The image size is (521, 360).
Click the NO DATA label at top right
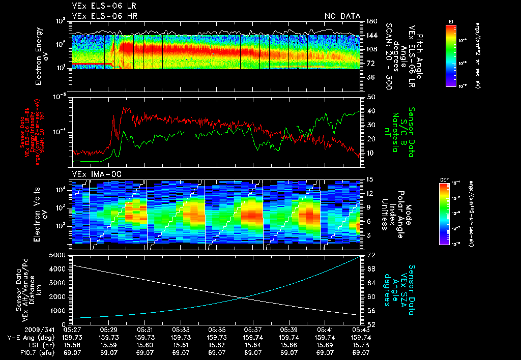click(342, 16)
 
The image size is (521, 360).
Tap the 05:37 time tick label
click(253, 330)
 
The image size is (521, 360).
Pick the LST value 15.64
click(253, 344)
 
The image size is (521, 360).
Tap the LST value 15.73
click(361, 344)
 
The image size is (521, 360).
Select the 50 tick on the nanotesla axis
click(367, 97)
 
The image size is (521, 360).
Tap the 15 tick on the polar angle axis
click(367, 179)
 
